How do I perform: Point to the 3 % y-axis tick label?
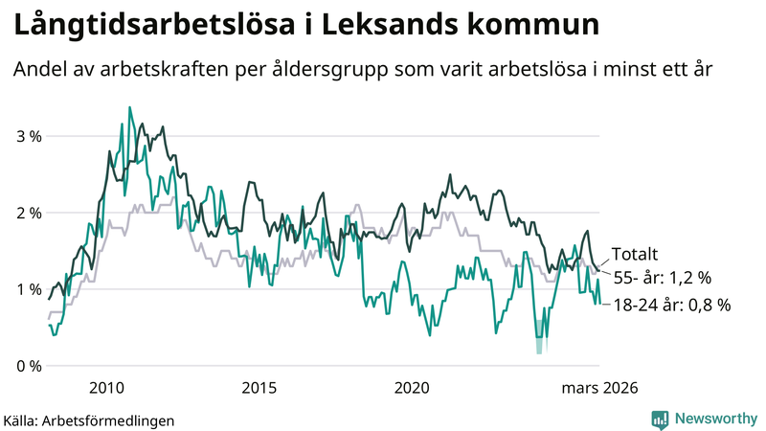pyautogui.click(x=30, y=136)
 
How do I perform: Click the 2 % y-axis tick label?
pyautogui.click(x=30, y=213)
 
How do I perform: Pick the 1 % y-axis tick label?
pyautogui.click(x=30, y=289)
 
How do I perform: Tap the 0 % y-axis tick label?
pyautogui.click(x=30, y=366)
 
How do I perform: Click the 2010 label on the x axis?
pyautogui.click(x=106, y=388)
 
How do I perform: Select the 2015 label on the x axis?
pyautogui.click(x=259, y=388)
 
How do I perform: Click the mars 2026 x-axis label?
pyautogui.click(x=599, y=388)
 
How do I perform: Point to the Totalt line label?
pyautogui.click(x=635, y=255)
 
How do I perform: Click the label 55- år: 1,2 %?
pyautogui.click(x=661, y=279)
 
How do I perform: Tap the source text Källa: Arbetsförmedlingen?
pyautogui.click(x=89, y=420)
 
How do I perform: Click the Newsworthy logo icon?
pyautogui.click(x=660, y=419)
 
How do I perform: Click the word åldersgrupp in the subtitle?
pyautogui.click(x=327, y=71)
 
